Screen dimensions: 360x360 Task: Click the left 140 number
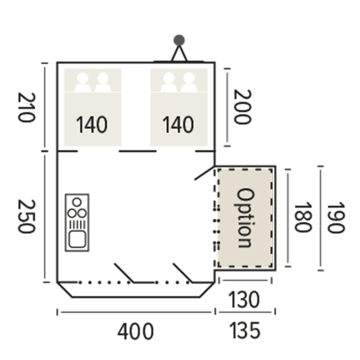[x=91, y=125]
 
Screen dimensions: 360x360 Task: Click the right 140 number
[x=178, y=125]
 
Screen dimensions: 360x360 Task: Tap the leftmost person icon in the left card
[x=82, y=82]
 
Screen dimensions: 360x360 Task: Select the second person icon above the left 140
[x=103, y=82]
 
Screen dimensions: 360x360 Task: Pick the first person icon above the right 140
[x=168, y=82]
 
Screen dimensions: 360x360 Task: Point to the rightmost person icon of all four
[x=189, y=82]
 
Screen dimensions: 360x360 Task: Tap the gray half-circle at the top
[x=179, y=39]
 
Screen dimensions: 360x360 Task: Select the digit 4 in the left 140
[x=90, y=125]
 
